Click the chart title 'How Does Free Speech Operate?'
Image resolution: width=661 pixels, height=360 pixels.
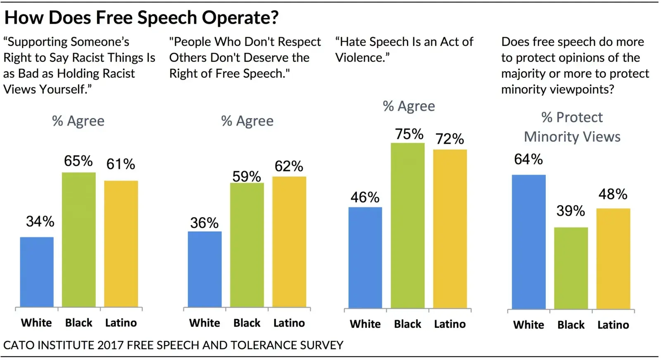point(141,18)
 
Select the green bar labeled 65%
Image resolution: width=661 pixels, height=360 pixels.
point(78,239)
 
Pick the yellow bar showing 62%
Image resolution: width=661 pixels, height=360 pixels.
point(289,242)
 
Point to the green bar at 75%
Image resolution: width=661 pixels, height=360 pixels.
point(407,225)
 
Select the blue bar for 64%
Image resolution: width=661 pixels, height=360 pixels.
point(528,242)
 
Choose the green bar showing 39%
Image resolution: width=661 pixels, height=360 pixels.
point(571,268)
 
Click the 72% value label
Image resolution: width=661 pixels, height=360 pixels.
point(450,139)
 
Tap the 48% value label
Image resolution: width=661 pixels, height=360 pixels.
point(613,194)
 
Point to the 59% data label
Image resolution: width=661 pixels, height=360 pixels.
point(247,177)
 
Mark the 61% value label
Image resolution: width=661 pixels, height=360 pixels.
point(121,164)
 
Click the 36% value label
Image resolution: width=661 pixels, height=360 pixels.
point(204,223)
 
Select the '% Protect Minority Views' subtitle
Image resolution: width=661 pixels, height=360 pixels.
point(572,127)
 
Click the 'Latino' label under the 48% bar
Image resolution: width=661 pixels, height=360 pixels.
point(613,325)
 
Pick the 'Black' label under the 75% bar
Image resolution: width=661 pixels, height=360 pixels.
point(407,324)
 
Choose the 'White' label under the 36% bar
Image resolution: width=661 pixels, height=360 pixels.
point(204,323)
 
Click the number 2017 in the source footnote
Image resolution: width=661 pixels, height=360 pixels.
point(111,345)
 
